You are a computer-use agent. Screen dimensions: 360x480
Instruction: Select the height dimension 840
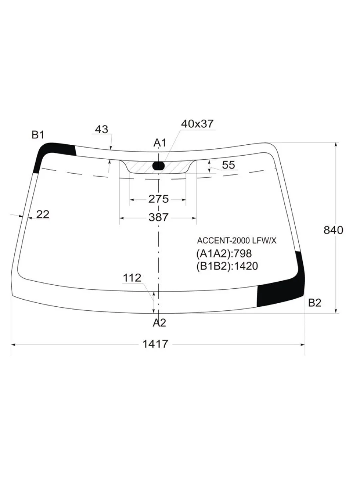click(333, 230)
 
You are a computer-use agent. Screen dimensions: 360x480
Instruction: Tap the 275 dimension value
click(158, 199)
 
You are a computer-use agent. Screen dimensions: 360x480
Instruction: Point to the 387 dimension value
click(158, 218)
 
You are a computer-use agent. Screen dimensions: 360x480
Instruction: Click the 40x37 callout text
click(197, 124)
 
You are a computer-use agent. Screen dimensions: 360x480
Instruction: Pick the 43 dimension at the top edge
click(102, 130)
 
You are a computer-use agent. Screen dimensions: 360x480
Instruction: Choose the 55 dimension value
click(228, 165)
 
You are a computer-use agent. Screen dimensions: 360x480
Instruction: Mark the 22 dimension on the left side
click(43, 214)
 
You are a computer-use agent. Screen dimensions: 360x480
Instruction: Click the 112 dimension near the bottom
click(132, 278)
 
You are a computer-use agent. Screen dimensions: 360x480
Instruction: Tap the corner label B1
click(38, 135)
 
